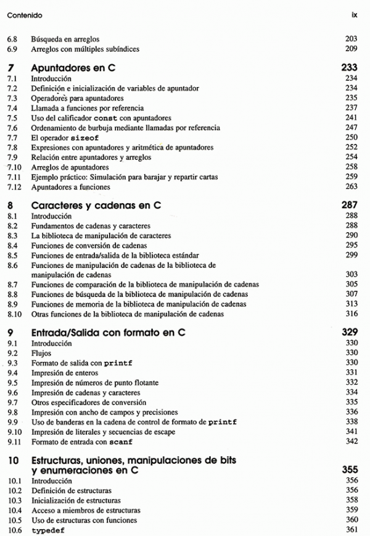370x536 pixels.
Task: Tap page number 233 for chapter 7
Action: (x=350, y=69)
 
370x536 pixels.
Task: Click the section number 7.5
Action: (x=13, y=118)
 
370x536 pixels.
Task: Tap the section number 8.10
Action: (x=15, y=314)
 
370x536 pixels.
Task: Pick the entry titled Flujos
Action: (x=41, y=353)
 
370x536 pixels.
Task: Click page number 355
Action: (x=350, y=470)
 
